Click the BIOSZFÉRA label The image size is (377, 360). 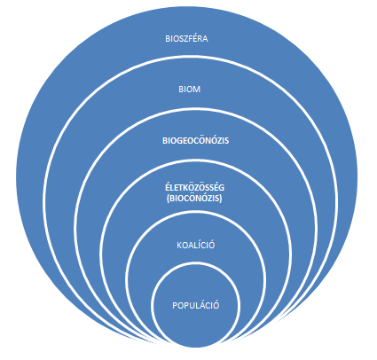tap(186, 39)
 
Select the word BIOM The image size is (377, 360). tap(190, 90)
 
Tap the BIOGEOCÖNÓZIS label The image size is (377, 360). tap(196, 140)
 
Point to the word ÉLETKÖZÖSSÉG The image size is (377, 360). tap(194, 188)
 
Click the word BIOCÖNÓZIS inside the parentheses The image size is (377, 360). tap(194, 199)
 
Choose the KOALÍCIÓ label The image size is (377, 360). tap(196, 245)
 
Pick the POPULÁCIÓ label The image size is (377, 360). tap(196, 305)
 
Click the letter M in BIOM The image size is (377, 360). tap(197, 90)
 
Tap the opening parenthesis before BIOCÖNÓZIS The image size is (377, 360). tap(168, 199)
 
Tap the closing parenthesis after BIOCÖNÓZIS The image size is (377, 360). tap(221, 199)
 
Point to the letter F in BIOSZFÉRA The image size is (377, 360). tap(189, 39)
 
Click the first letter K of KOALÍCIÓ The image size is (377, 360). tap(179, 246)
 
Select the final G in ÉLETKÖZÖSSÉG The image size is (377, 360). tap(222, 188)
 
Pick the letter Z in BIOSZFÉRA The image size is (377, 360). tap(185, 39)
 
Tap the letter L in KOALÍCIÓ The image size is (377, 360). tap(193, 246)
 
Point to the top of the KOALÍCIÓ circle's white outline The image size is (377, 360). tap(195, 213)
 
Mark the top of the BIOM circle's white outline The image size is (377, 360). tap(192, 57)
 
